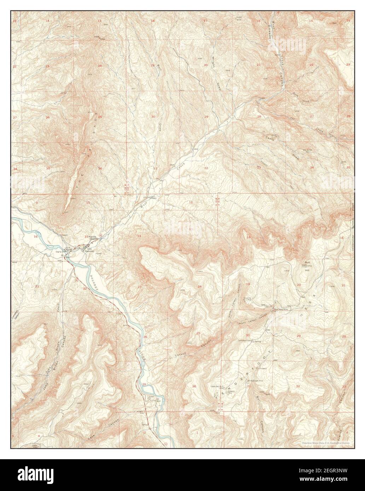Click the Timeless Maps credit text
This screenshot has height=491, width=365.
(x=327, y=442)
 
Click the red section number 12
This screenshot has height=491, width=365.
(x=191, y=202)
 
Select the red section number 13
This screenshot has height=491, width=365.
(x=192, y=230)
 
